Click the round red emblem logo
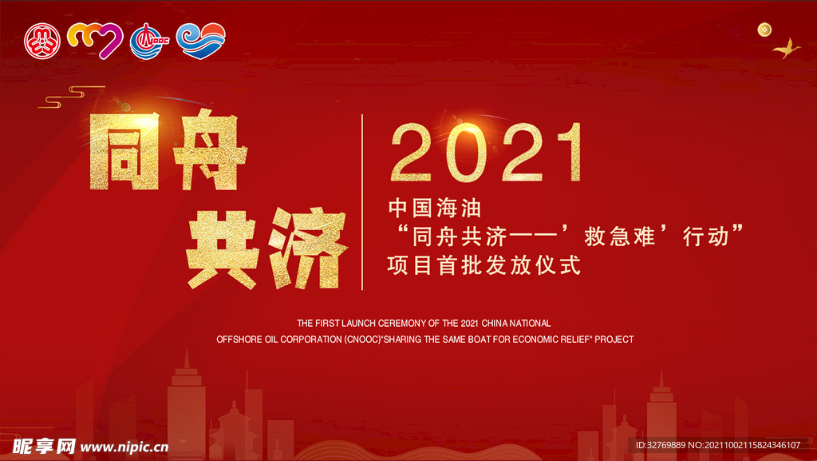coord(42,41)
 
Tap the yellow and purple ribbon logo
coord(95,41)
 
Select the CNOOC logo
coord(148,42)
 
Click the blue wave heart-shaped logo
coord(200,40)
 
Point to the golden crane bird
coord(787,49)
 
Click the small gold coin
coord(764,30)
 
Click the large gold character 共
coord(223,249)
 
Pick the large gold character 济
coord(307,248)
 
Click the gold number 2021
coord(486,153)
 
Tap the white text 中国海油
coord(435,209)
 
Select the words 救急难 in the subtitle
coord(619,237)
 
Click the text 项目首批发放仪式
coord(484,265)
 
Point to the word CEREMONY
coord(402,324)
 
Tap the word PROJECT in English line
coord(614,340)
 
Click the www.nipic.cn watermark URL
coord(124,447)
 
